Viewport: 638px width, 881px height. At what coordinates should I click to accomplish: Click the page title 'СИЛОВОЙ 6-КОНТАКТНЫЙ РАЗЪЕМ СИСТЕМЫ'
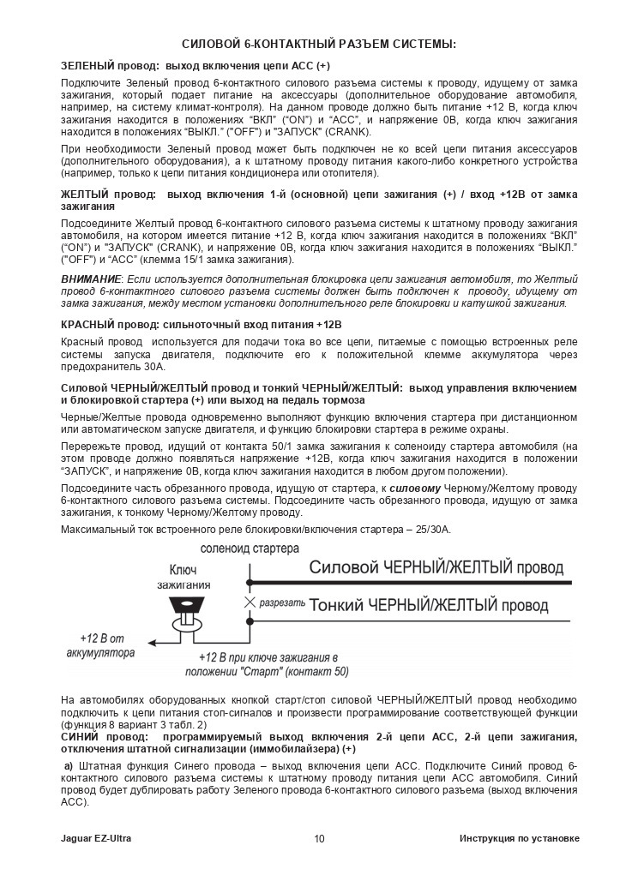(x=319, y=44)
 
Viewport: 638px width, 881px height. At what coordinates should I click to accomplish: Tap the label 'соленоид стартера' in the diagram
(x=250, y=548)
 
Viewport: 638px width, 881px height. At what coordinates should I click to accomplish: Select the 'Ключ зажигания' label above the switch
(x=184, y=577)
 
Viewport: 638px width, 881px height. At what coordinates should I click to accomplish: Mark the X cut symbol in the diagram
(x=250, y=603)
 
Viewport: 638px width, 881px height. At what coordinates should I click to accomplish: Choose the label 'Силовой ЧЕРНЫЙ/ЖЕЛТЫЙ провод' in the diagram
(x=436, y=568)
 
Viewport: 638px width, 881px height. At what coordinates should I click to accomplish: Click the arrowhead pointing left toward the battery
(x=151, y=641)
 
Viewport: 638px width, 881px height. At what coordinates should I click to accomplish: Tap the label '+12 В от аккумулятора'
(x=100, y=646)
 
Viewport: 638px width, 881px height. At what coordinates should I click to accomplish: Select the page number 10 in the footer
(x=319, y=838)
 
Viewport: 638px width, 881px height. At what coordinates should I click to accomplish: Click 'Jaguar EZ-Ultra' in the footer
(x=96, y=838)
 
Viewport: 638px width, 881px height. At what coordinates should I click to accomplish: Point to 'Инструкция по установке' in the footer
(x=519, y=838)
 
